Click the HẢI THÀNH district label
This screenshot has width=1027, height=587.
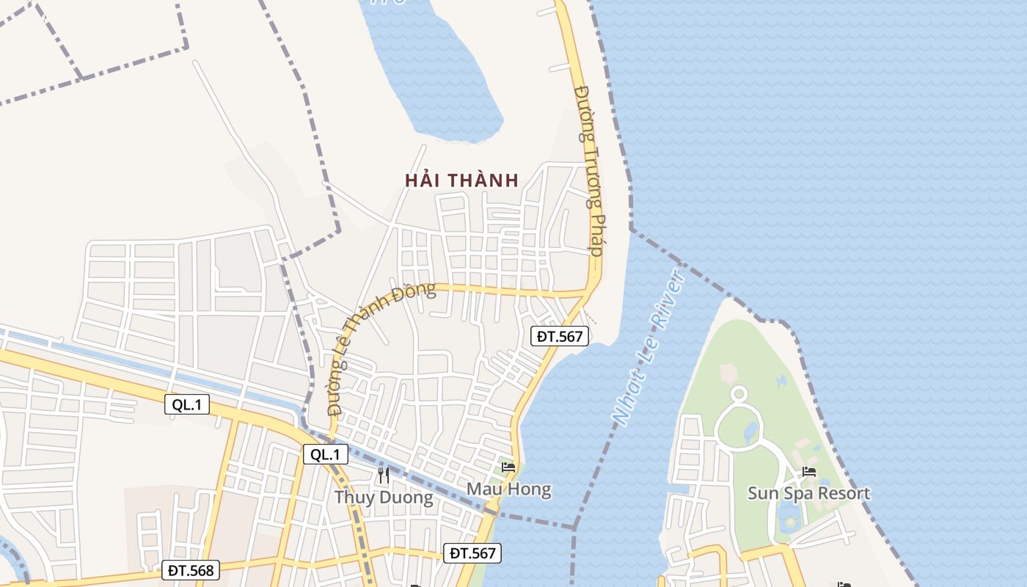coord(461,180)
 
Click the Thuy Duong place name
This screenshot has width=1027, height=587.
coord(384,497)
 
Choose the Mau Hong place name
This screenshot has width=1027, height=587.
coord(508,489)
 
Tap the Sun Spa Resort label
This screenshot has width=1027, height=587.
coord(808,493)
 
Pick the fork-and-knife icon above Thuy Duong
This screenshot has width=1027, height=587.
coord(383,475)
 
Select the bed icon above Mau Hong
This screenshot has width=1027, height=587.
coord(508,467)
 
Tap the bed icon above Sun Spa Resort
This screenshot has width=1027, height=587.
coord(809,471)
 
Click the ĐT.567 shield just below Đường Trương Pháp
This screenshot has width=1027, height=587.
coord(560,336)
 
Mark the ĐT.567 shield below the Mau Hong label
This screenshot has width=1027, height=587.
coord(472,553)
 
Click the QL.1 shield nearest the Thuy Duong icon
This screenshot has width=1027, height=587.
coord(326,454)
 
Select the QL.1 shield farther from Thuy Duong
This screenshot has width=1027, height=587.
coord(187,404)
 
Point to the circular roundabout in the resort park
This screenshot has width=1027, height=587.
coord(738,394)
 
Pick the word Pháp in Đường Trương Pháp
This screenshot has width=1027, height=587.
coord(596,236)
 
